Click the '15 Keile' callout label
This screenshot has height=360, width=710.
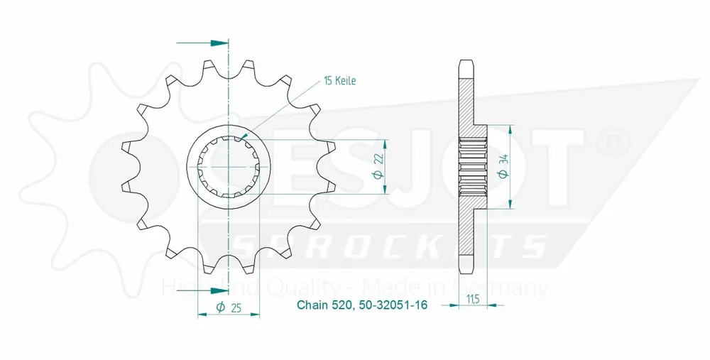(x=339, y=81)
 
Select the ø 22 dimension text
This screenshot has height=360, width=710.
(x=378, y=166)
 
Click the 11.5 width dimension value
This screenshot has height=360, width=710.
(x=471, y=298)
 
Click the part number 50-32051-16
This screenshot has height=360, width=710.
(x=387, y=307)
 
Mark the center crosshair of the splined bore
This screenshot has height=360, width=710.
(x=229, y=166)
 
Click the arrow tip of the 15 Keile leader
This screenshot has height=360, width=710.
(x=244, y=136)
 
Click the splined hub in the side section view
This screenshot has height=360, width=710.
(x=474, y=167)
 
